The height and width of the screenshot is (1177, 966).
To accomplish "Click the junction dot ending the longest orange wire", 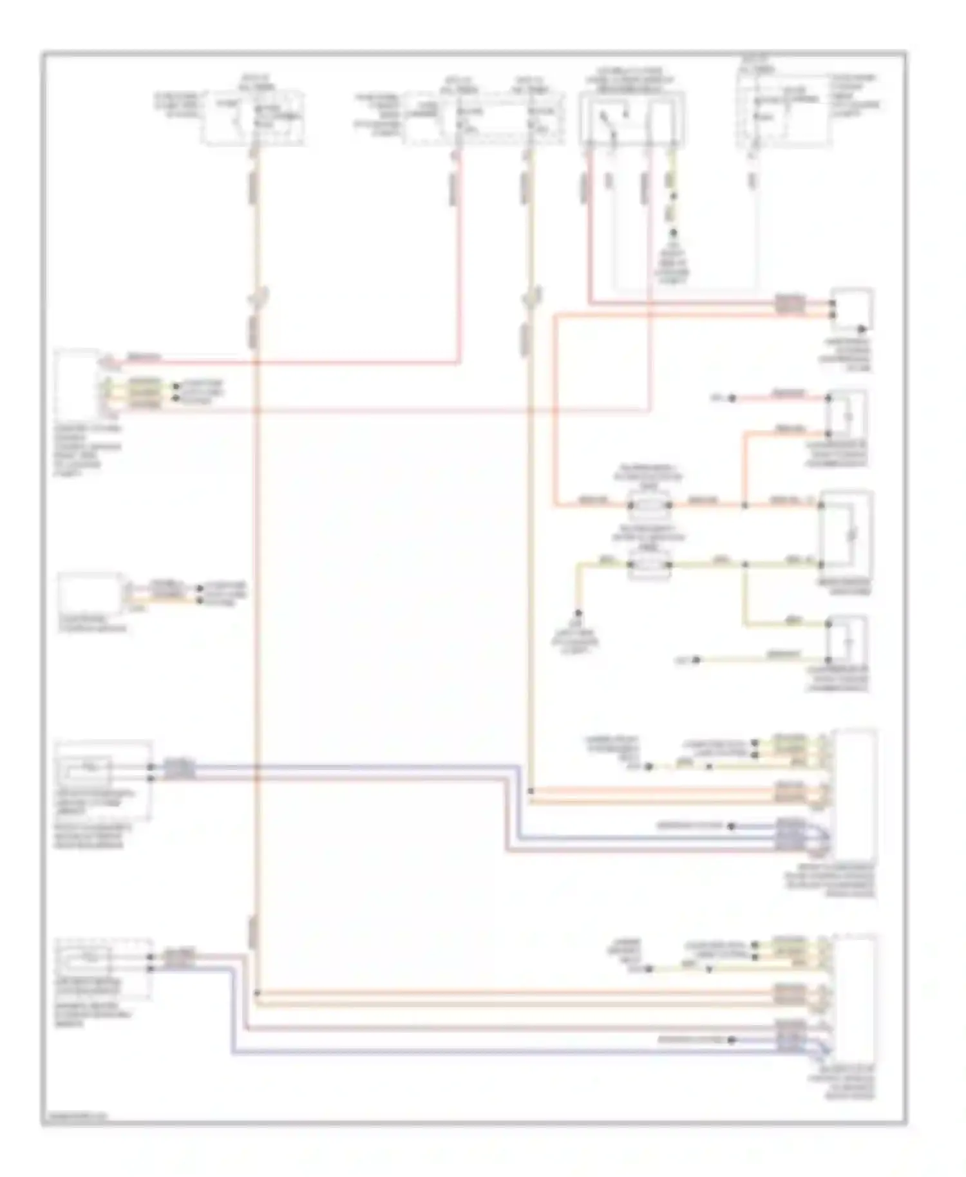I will pyautogui.click(x=257, y=993).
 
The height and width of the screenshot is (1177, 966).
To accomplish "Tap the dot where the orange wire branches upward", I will pyautogui.click(x=744, y=505).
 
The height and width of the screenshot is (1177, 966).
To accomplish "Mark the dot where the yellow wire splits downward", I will pyautogui.click(x=744, y=565).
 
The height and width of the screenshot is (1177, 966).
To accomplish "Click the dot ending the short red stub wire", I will pyautogui.click(x=732, y=399).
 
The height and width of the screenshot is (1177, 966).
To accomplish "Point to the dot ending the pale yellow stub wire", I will pyautogui.click(x=696, y=660).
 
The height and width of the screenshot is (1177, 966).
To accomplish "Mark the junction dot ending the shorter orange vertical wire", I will pyautogui.click(x=530, y=791).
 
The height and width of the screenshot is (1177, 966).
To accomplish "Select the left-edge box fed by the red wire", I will pyautogui.click(x=77, y=384).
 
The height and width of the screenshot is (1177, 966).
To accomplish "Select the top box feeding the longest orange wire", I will pyautogui.click(x=252, y=119).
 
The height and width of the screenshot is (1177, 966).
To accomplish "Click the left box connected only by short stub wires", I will pyautogui.click(x=90, y=594).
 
